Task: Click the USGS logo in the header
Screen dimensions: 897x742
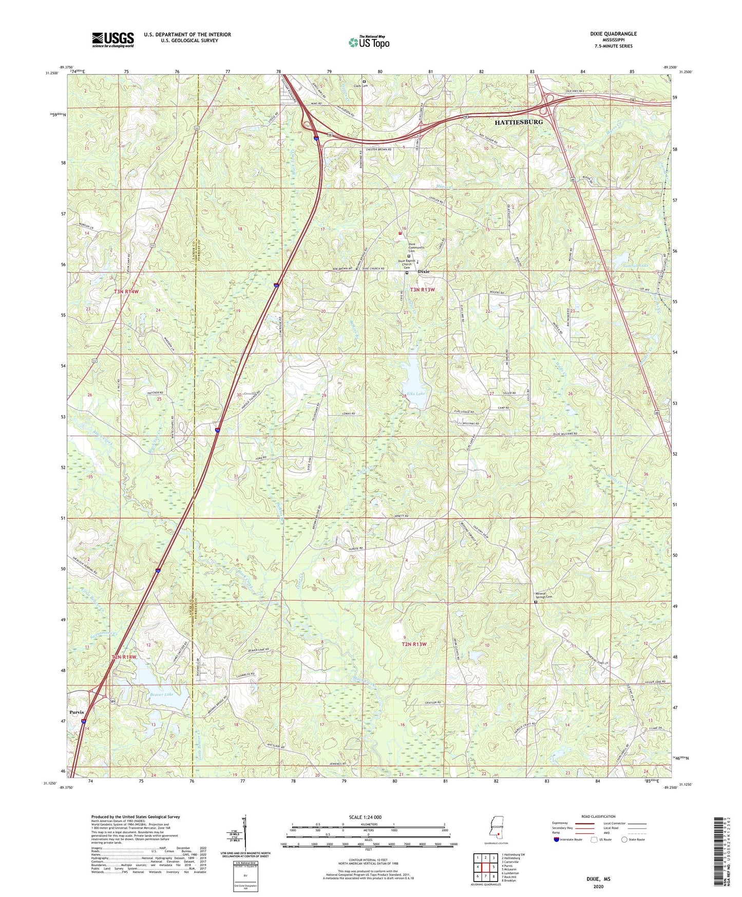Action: click(x=112, y=39)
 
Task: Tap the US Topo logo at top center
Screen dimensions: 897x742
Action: click(x=368, y=43)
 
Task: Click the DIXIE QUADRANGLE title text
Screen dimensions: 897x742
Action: click(x=613, y=34)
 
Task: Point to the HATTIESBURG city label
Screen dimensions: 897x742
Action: click(x=518, y=123)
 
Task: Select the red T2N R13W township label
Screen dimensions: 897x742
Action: click(x=415, y=644)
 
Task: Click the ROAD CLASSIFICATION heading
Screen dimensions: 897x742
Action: click(x=599, y=816)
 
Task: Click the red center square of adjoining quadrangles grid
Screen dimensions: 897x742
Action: click(x=485, y=867)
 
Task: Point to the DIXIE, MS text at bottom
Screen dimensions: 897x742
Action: click(x=598, y=879)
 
